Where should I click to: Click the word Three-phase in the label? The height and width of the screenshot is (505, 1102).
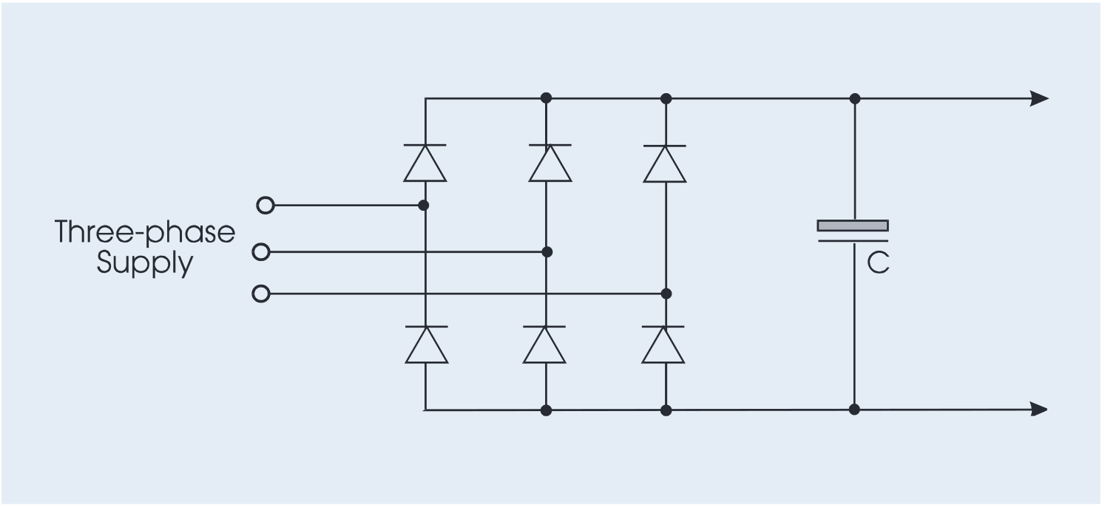click(145, 233)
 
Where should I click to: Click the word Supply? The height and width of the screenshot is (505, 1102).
click(145, 264)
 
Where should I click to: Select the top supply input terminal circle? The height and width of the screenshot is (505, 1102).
click(265, 205)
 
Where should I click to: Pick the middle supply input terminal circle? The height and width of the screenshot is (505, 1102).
click(260, 253)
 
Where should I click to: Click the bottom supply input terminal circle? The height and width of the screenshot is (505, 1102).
click(260, 294)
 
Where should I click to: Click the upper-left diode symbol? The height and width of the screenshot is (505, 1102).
click(425, 163)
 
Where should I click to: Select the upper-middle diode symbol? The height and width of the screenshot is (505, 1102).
click(550, 163)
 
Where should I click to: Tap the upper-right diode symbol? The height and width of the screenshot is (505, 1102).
click(665, 163)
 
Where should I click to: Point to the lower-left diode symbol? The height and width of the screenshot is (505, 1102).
click(427, 345)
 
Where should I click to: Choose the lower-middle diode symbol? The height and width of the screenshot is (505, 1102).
click(544, 345)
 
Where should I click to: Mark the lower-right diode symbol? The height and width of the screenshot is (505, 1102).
click(663, 345)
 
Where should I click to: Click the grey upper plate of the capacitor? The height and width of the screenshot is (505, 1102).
click(853, 226)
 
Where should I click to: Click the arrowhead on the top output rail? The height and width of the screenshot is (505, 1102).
click(1038, 98)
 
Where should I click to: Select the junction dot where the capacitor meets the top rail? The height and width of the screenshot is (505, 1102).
click(855, 98)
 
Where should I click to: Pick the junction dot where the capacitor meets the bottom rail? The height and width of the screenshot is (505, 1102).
click(854, 409)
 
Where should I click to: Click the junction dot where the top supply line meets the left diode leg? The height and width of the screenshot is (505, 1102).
click(424, 205)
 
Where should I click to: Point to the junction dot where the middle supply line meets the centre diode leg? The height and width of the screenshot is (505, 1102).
click(547, 252)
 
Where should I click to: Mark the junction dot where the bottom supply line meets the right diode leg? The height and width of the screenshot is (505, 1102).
click(666, 294)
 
